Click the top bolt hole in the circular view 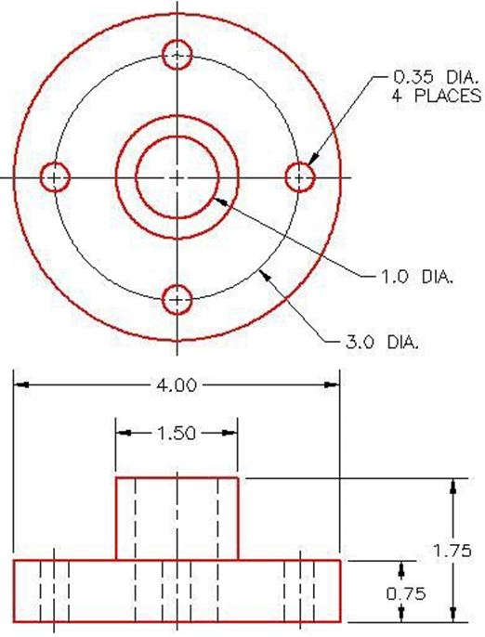click(x=177, y=55)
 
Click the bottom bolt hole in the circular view click(x=177, y=300)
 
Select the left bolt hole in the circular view click(x=55, y=176)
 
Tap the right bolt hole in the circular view click(x=299, y=176)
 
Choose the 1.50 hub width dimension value click(x=177, y=432)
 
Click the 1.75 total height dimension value click(x=452, y=551)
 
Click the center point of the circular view click(x=177, y=176)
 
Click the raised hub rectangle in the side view click(x=177, y=518)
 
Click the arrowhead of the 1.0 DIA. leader click(x=216, y=197)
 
